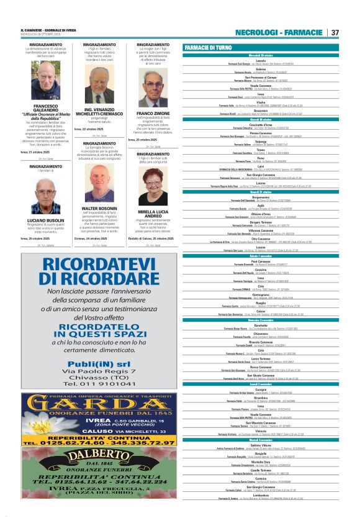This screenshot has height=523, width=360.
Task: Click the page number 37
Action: coord(335,32)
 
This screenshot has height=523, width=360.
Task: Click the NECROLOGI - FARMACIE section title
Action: coord(279,32)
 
